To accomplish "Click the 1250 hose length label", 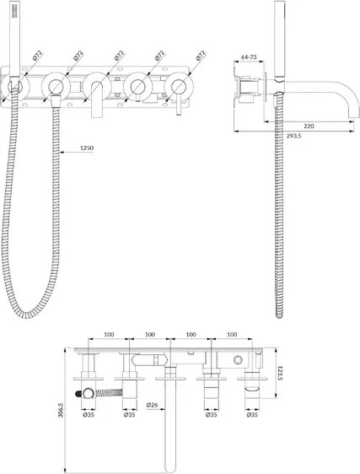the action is tap(87, 148).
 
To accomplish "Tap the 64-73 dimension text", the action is tap(249, 57).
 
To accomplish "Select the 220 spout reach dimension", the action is tap(309, 126).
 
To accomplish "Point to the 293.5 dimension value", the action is tap(293, 136).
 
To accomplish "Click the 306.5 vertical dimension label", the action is tap(60, 410).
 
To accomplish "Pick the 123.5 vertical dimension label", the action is tap(280, 374).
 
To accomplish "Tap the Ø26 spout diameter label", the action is tap(152, 405).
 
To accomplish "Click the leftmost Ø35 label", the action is tap(89, 415).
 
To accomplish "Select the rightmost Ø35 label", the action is tap(252, 415).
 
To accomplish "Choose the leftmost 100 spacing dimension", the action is tap(109, 334).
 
